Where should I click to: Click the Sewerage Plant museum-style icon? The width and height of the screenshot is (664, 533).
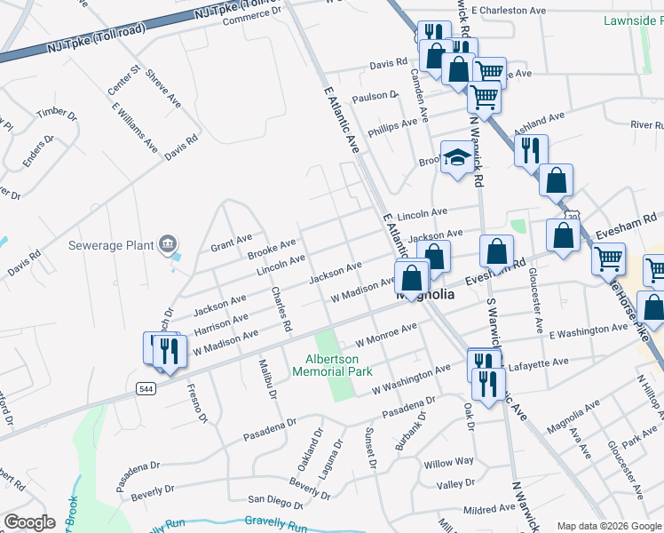[167, 244]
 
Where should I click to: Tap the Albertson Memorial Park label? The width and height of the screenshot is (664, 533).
[333, 366]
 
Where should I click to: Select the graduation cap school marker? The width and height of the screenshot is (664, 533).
[457, 157]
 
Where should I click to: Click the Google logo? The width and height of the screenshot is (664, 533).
[29, 522]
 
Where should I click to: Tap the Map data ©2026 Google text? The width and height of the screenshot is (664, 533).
[609, 526]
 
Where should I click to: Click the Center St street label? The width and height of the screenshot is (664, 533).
[124, 80]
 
